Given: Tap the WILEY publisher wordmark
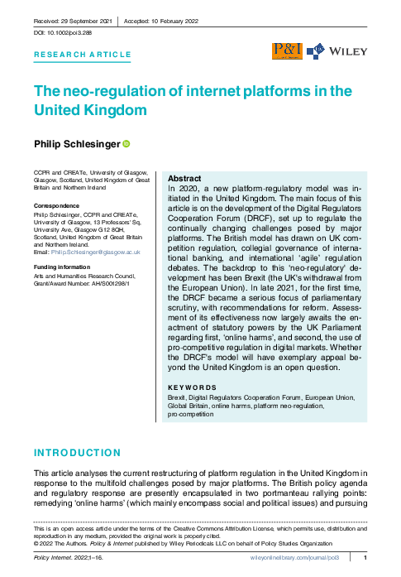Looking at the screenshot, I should point(347,51).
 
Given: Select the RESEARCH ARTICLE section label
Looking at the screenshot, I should point(82,55).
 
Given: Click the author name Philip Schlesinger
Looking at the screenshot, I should point(76,144).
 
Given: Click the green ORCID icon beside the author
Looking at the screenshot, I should point(127,144).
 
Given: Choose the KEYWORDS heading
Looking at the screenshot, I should point(192,387).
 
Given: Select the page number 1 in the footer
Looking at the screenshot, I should point(365,559).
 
